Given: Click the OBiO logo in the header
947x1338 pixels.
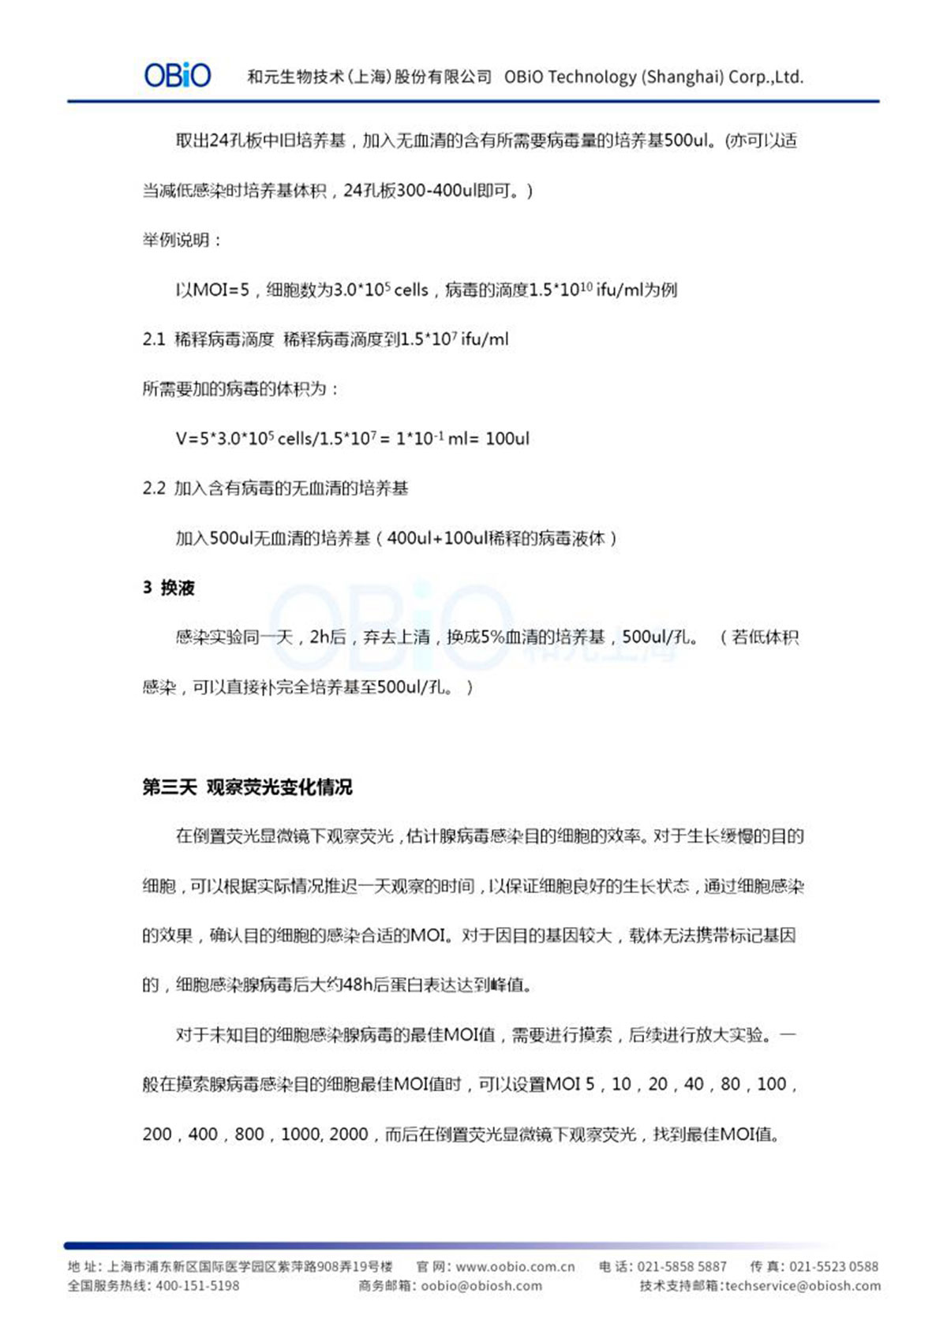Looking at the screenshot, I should (178, 76).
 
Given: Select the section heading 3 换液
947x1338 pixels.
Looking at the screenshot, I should (169, 588).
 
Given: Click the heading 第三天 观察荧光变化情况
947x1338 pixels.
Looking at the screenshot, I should (247, 787).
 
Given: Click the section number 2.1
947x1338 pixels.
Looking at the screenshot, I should (153, 339).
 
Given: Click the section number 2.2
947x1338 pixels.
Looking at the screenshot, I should (153, 488).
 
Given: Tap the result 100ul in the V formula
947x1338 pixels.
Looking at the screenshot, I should (507, 439).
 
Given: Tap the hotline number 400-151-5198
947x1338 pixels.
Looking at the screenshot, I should (197, 1286).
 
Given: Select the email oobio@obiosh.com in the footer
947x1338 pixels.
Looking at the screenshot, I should (481, 1286).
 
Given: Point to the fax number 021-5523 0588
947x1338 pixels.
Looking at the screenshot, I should (833, 1267).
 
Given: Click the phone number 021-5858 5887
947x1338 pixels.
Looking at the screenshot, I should (682, 1267).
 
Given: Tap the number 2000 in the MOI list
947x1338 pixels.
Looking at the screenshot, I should (349, 1134).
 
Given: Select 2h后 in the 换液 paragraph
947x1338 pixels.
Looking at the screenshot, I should (328, 637).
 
